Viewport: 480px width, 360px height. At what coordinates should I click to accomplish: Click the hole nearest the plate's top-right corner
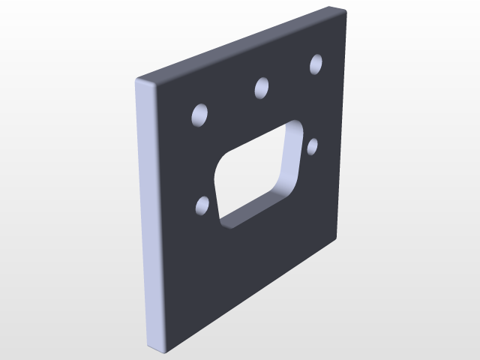(x=316, y=64)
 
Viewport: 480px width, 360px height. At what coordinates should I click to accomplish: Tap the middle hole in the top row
(x=262, y=88)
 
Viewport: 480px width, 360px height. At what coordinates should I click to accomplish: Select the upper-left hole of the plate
(x=200, y=115)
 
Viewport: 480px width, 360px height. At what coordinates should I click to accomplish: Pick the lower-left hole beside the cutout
(x=202, y=205)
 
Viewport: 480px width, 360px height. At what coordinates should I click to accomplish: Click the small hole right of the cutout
(x=313, y=145)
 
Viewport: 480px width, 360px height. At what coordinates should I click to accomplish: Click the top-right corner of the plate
(x=346, y=9)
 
